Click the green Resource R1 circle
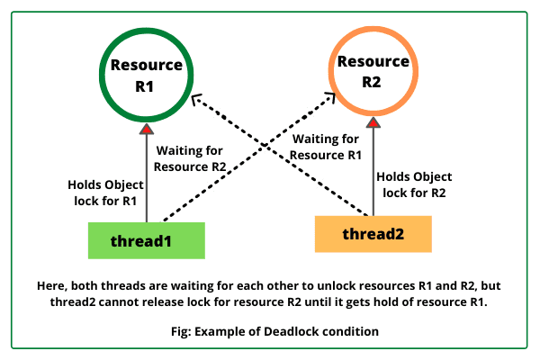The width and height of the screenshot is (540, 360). [146, 76]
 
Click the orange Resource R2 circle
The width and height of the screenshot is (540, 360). [372, 76]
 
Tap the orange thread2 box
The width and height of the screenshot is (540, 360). [373, 234]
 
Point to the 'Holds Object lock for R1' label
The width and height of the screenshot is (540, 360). [103, 193]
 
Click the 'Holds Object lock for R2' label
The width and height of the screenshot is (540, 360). [414, 185]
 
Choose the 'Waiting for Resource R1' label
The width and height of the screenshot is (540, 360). [328, 147]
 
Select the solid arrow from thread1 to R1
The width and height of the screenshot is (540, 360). [146, 180]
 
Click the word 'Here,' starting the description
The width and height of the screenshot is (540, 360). [52, 283]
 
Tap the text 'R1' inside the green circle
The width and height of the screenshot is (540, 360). [146, 85]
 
